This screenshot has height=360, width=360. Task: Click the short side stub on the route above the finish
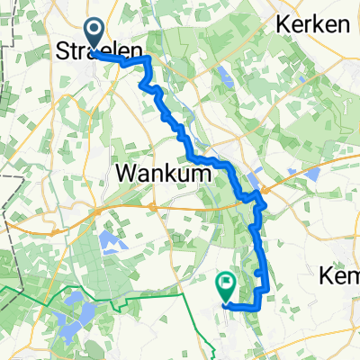tap(258, 271)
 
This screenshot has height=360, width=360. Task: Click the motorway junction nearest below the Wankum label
tap(154, 208)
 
